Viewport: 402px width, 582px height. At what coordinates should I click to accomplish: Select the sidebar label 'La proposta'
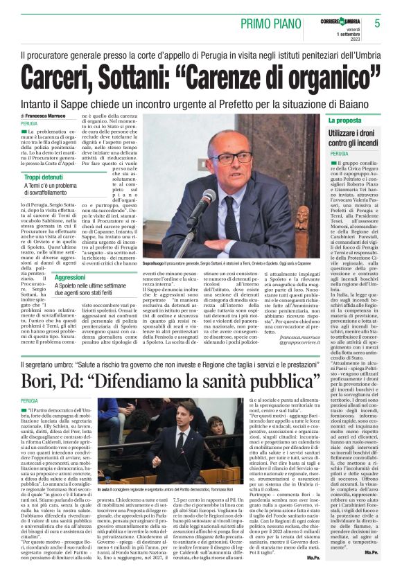pos(346,121)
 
